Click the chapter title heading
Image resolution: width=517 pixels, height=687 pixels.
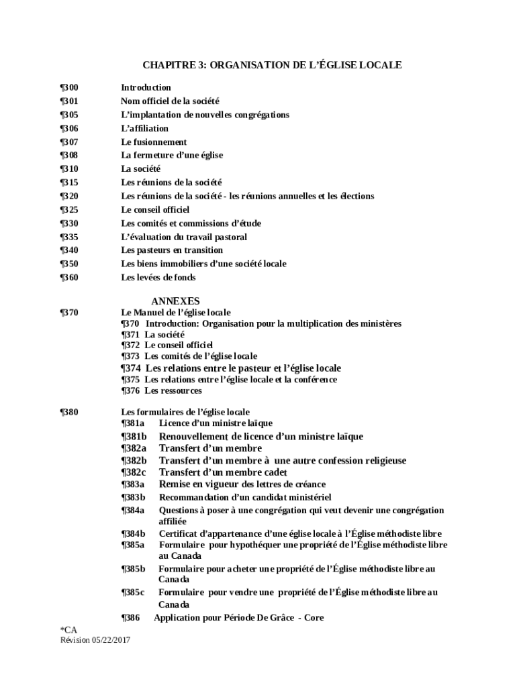[x=272, y=65]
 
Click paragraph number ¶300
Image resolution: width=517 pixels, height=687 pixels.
[x=69, y=88]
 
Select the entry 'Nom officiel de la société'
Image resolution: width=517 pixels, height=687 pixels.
[x=170, y=101]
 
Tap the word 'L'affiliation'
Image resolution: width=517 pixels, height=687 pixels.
[x=144, y=128]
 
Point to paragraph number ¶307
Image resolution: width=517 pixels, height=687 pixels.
[x=69, y=142]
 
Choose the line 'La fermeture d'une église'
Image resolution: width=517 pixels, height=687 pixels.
[x=172, y=155]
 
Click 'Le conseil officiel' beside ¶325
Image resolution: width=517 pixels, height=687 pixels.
[x=155, y=209]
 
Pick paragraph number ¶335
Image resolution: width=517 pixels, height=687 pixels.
[x=69, y=237]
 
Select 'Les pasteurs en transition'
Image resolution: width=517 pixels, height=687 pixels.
[x=172, y=250]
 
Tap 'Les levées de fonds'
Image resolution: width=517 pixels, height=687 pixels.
[x=158, y=277]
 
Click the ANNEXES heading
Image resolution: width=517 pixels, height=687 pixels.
[x=175, y=301]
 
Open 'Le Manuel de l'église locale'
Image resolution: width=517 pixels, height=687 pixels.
[x=175, y=313]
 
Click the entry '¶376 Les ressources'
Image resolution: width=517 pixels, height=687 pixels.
[x=161, y=391]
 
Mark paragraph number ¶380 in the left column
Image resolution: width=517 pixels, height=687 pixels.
[x=69, y=412]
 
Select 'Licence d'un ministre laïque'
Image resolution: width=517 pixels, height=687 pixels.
[x=216, y=423]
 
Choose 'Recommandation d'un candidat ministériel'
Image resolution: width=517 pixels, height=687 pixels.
[x=244, y=497]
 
